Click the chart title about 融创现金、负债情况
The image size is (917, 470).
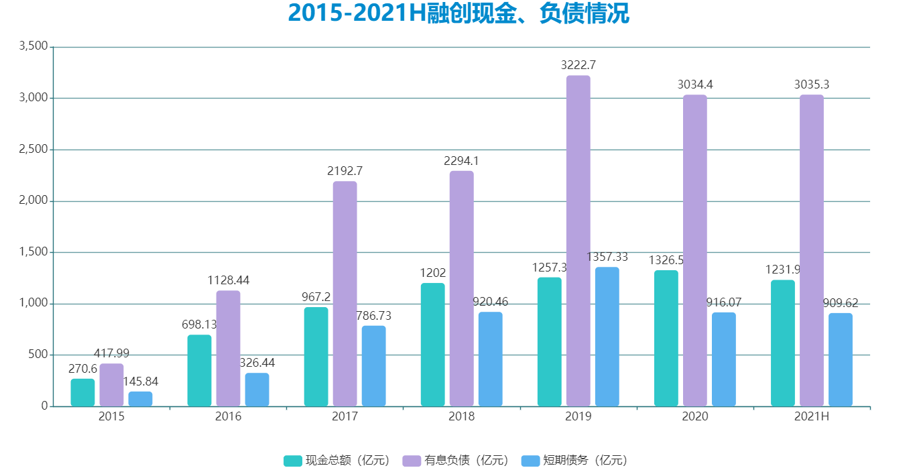(458, 13)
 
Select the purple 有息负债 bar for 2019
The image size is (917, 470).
(578, 241)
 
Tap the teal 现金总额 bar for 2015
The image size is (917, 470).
(82, 392)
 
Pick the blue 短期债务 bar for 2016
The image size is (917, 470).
(257, 390)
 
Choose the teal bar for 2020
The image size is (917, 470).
(666, 338)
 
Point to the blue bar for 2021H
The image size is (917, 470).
(841, 359)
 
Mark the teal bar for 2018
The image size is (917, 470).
(432, 345)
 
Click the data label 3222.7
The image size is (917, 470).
(578, 65)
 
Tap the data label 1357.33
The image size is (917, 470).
(607, 257)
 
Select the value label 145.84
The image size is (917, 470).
(140, 381)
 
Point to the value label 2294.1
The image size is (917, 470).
(461, 161)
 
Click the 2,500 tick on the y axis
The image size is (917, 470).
(34, 150)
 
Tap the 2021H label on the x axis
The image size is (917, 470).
(812, 416)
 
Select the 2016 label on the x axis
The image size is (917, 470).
(228, 416)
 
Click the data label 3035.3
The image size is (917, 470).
(811, 84)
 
